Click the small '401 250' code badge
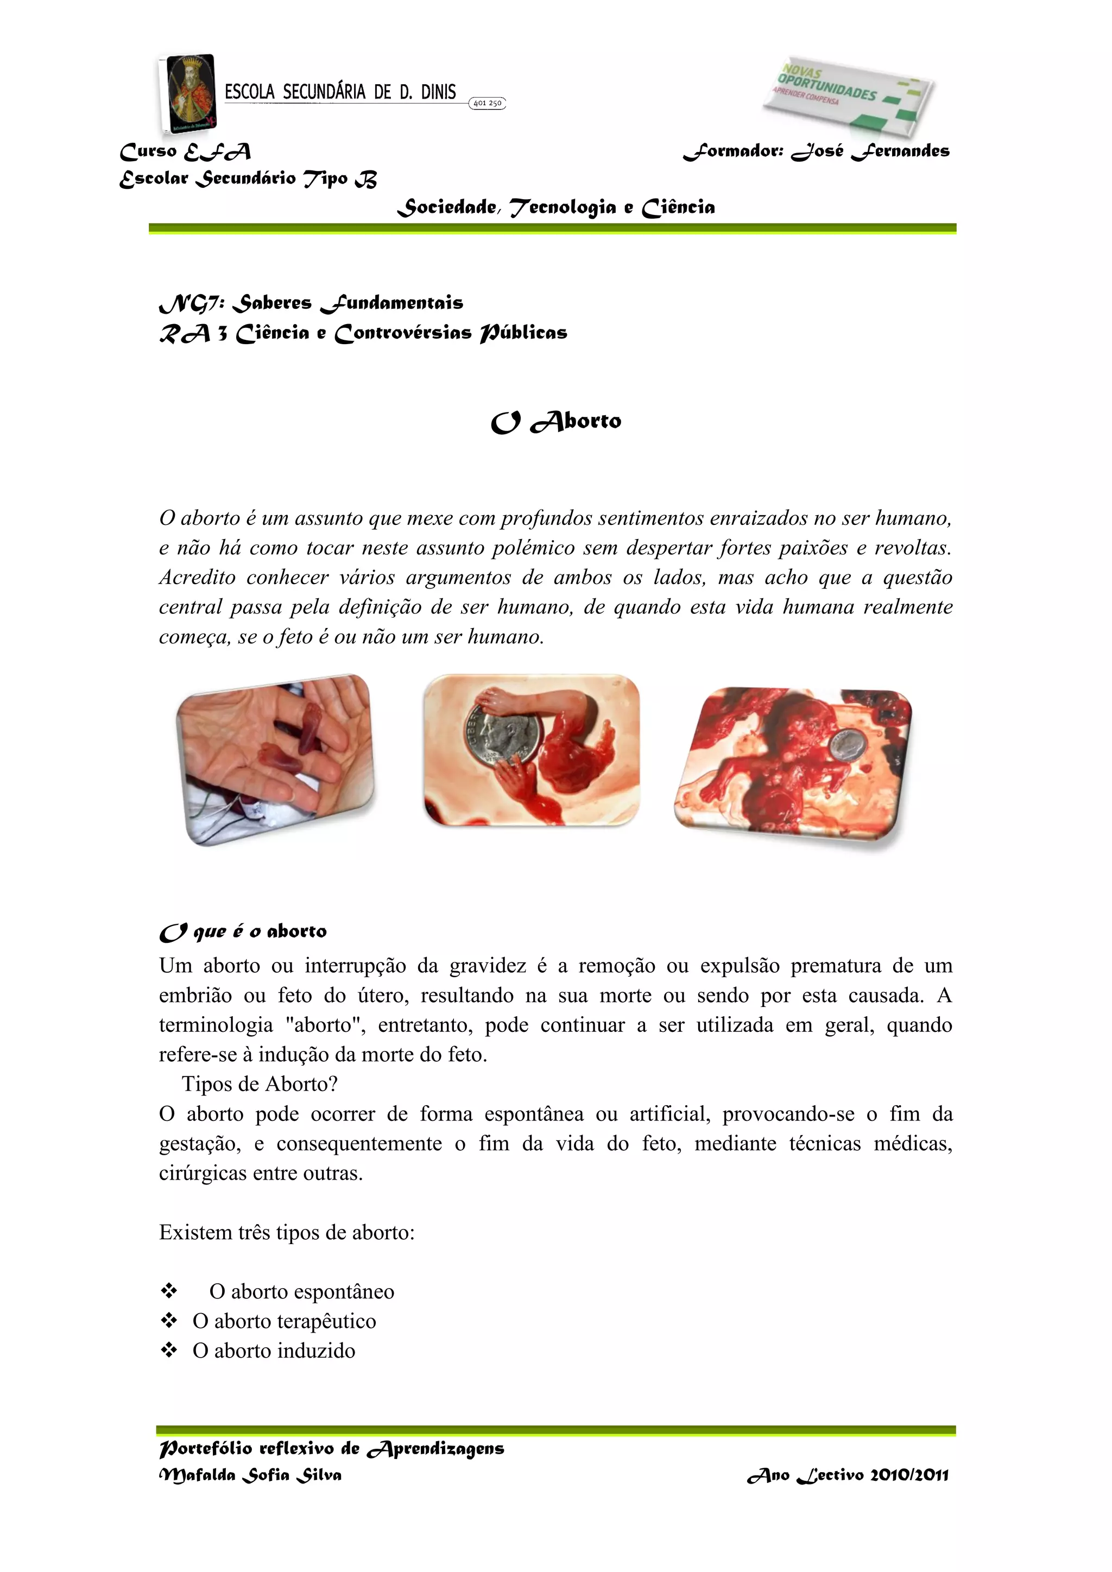pyautogui.click(x=487, y=103)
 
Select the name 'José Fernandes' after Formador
pyautogui.click(x=871, y=151)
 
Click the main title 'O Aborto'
pyautogui.click(x=556, y=422)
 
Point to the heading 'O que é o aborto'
pyautogui.click(x=243, y=932)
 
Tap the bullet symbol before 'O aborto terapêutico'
pyautogui.click(x=168, y=1320)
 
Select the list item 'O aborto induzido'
pyautogui.click(x=274, y=1351)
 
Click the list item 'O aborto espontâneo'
pyautogui.click(x=301, y=1291)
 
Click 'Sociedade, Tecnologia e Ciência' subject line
pyautogui.click(x=556, y=207)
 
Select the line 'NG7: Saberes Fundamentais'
pyautogui.click(x=311, y=303)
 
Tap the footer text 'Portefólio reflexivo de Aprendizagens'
pyautogui.click(x=331, y=1449)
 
